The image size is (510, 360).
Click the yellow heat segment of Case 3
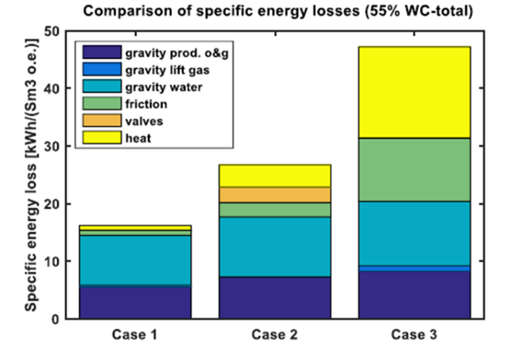coord(414,92)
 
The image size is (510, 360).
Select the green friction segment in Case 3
coord(414,170)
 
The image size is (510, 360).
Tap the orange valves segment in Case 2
coord(275,195)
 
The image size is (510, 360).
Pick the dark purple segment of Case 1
coord(135,302)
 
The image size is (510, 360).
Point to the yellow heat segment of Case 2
coord(275,176)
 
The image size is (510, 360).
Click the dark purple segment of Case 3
coord(414,294)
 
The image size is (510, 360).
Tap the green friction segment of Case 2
coord(275,210)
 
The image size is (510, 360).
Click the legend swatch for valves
coord(102,121)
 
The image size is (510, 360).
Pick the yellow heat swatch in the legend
coord(102,138)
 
